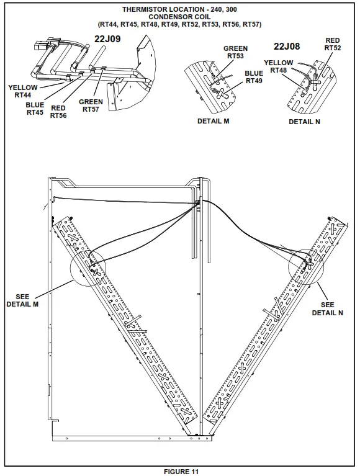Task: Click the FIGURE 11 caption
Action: click(181, 472)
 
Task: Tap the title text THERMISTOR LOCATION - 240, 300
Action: click(180, 9)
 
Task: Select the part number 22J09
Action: click(107, 38)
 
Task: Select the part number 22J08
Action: click(287, 46)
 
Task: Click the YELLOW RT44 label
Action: click(23, 91)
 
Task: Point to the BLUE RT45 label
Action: click(35, 109)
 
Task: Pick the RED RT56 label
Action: click(58, 112)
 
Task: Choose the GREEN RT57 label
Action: click(91, 106)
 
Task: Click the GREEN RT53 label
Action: click(235, 52)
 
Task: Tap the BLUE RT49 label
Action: click(254, 76)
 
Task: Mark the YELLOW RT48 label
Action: click(279, 66)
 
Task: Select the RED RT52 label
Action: click(332, 44)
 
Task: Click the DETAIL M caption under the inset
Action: click(214, 121)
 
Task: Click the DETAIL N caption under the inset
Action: click(304, 122)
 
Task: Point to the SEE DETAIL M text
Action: click(22, 300)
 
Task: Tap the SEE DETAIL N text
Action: click(327, 309)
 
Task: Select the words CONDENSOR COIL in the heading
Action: click(180, 17)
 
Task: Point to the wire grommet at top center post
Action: click(197, 202)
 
